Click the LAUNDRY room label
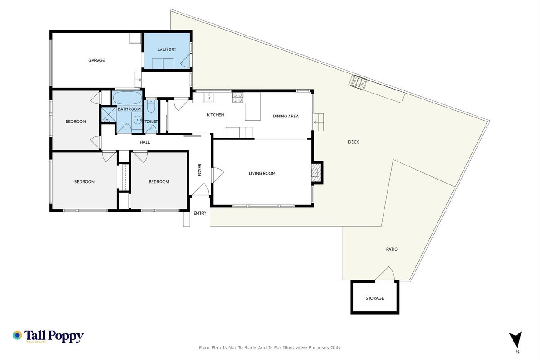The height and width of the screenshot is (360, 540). [167, 49]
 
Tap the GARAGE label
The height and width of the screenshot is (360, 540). [96, 60]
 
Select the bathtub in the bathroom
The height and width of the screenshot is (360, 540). [127, 98]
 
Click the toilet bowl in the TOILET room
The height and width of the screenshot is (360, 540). [151, 107]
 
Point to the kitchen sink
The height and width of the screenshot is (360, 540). [209, 98]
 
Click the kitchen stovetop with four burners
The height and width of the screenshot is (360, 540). [238, 97]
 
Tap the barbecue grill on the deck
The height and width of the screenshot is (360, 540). [358, 81]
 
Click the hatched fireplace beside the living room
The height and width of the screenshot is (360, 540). [316, 173]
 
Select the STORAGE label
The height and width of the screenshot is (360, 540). [375, 298]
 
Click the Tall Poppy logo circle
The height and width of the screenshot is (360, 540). [17, 335]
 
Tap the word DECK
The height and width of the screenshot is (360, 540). [354, 142]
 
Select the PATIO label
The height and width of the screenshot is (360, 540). [392, 249]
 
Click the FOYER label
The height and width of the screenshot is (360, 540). [200, 170]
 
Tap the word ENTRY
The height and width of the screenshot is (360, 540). [200, 213]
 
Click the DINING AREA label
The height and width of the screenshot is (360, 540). [286, 116]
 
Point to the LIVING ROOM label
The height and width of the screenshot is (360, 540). [262, 174]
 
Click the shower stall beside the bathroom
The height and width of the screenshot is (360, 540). [108, 115]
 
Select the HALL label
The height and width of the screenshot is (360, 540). [145, 142]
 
